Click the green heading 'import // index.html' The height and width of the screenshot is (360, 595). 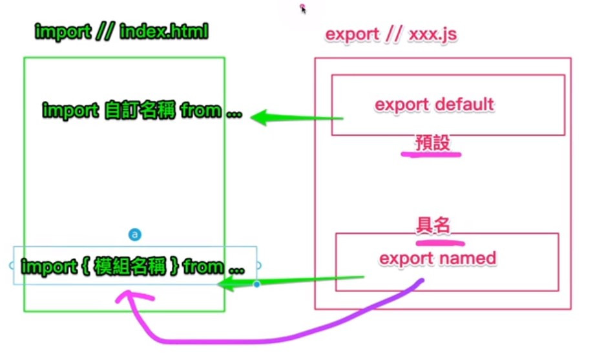click(x=121, y=32)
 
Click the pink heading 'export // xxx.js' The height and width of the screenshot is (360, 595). click(x=391, y=34)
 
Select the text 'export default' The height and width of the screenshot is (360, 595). click(x=434, y=104)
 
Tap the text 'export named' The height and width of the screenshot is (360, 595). click(x=437, y=259)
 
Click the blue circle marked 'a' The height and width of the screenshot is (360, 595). click(x=135, y=235)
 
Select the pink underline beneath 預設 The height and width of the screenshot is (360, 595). click(x=430, y=154)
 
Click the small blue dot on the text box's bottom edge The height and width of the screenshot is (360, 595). click(x=256, y=284)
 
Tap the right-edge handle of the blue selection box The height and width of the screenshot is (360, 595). click(x=258, y=265)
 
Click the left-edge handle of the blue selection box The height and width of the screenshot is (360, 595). click(x=12, y=265)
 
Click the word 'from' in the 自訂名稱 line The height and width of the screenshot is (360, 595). click(x=200, y=111)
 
